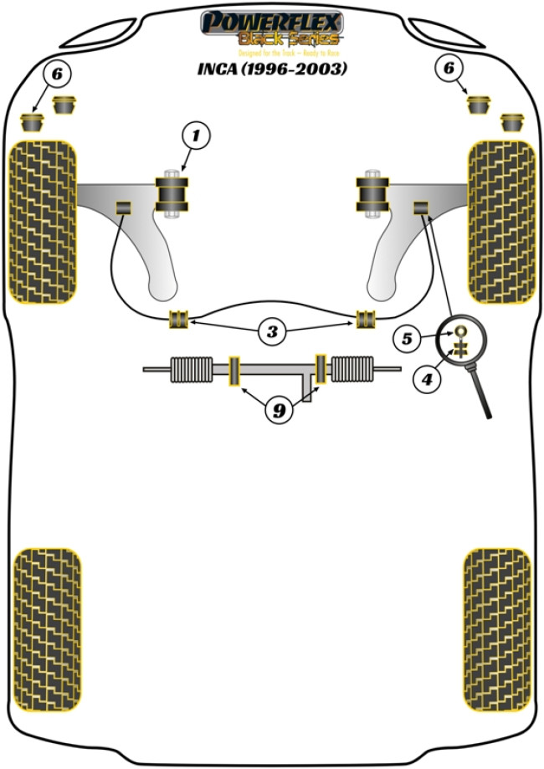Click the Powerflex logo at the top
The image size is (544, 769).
tap(271, 28)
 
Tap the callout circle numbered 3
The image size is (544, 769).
tap(271, 331)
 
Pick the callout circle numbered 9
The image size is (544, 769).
tap(280, 410)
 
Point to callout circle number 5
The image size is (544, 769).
tap(408, 339)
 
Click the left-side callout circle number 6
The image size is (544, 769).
tap(56, 75)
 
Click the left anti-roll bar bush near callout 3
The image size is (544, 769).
tap(179, 319)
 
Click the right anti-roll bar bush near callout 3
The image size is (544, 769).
tap(366, 319)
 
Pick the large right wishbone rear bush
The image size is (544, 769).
tap(370, 194)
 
